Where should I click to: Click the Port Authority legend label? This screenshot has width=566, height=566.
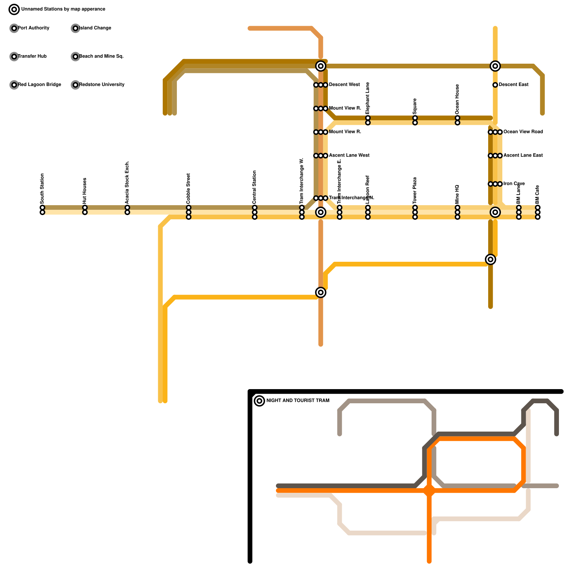[34, 28]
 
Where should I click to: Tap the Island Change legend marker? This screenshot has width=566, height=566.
[75, 28]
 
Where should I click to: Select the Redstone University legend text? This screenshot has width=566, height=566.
[102, 85]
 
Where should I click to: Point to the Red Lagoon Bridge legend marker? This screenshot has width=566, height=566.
[14, 85]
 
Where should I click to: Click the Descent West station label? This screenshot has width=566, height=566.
[344, 85]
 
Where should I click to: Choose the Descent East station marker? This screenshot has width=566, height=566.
[495, 85]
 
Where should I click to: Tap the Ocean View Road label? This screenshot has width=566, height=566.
[523, 132]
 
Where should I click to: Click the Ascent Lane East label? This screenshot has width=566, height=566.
[523, 155]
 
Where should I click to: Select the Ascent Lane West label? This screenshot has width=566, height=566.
[349, 155]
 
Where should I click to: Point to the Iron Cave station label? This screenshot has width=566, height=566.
[514, 184]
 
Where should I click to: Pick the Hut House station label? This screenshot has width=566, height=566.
[85, 191]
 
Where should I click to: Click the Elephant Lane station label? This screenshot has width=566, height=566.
[368, 98]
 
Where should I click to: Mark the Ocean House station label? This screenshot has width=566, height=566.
[457, 99]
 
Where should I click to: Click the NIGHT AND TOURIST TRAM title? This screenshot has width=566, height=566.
[298, 400]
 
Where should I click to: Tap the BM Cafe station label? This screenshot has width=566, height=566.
[538, 195]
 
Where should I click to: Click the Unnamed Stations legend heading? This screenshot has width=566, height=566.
[63, 9]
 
